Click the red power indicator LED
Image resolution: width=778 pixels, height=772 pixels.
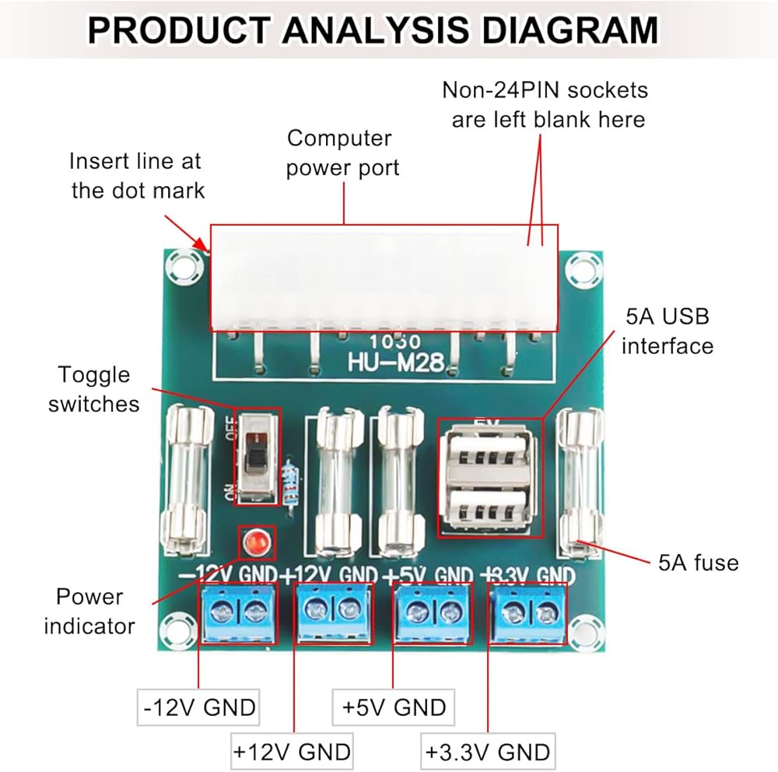coord(257,542)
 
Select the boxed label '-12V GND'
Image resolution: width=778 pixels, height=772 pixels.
coord(198,707)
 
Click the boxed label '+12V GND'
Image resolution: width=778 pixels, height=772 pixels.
coord(293,751)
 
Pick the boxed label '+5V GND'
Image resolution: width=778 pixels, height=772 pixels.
coord(394,707)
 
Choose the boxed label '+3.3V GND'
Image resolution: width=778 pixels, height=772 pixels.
coord(488,751)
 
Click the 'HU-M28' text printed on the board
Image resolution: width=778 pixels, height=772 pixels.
coord(395,362)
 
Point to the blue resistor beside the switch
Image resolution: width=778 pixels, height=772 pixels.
coord(290,481)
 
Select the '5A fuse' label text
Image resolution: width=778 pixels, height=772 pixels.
coord(699,563)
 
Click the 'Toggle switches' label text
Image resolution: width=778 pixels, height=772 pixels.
coord(94,389)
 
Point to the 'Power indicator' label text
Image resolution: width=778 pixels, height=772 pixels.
coord(89,611)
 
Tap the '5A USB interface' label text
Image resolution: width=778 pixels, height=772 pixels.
coord(668,332)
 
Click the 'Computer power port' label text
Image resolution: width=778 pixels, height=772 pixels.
coord(342,153)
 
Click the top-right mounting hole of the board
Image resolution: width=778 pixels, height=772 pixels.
coord(583,270)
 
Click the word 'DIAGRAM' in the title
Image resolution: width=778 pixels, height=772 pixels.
coord(570,30)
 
